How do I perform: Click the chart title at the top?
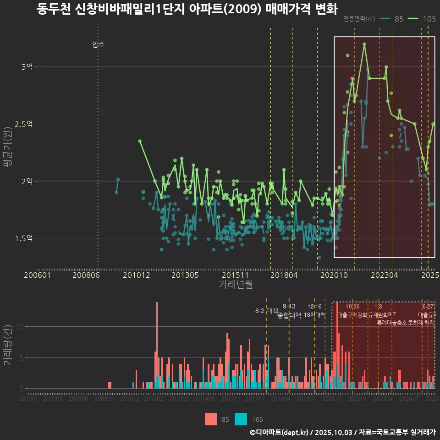coord(187,9)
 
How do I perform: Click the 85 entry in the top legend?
coord(398,19)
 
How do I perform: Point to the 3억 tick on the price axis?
coord(27,67)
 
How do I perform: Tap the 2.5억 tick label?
coord(24,124)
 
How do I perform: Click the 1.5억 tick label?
coord(24,238)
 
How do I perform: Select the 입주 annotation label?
coord(98,44)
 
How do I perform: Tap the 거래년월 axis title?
coord(236,285)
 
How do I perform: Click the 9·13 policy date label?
coord(289,306)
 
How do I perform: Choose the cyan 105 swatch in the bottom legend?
coord(241,419)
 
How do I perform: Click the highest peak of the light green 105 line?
coord(364,44)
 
